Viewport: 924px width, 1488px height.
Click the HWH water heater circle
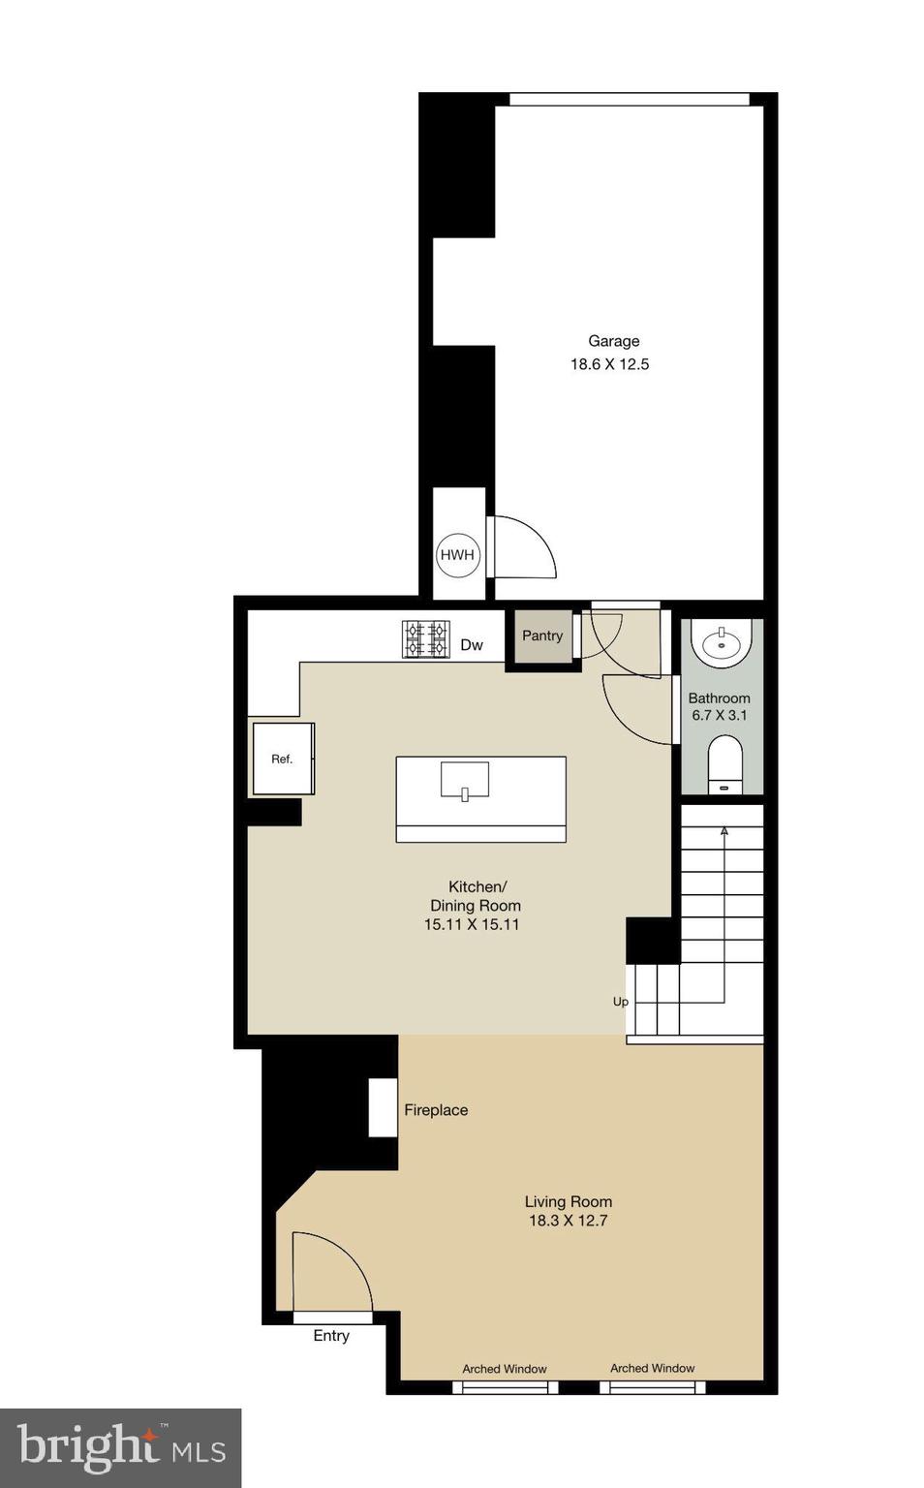(x=457, y=555)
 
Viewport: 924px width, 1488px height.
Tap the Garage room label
(x=613, y=341)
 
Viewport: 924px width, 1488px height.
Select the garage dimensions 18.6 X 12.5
(x=609, y=364)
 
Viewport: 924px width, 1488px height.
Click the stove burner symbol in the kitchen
(x=426, y=639)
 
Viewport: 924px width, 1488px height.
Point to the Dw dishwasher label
(x=472, y=645)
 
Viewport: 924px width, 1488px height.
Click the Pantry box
(x=542, y=635)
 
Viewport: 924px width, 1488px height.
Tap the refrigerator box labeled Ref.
(x=282, y=759)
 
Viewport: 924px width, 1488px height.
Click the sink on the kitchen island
(x=465, y=781)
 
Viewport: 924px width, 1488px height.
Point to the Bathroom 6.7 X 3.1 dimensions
(x=719, y=715)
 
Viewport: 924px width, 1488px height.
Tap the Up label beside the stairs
(x=620, y=1002)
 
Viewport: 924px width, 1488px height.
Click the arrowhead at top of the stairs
(x=724, y=830)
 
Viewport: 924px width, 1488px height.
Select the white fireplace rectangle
(x=383, y=1106)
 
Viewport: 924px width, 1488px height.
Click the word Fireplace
(x=436, y=1110)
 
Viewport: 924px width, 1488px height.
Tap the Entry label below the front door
(x=331, y=1336)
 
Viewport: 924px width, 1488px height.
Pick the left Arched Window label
(x=505, y=1369)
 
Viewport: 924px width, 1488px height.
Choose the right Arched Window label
(x=652, y=1368)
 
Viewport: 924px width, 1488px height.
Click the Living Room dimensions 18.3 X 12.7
(x=568, y=1221)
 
